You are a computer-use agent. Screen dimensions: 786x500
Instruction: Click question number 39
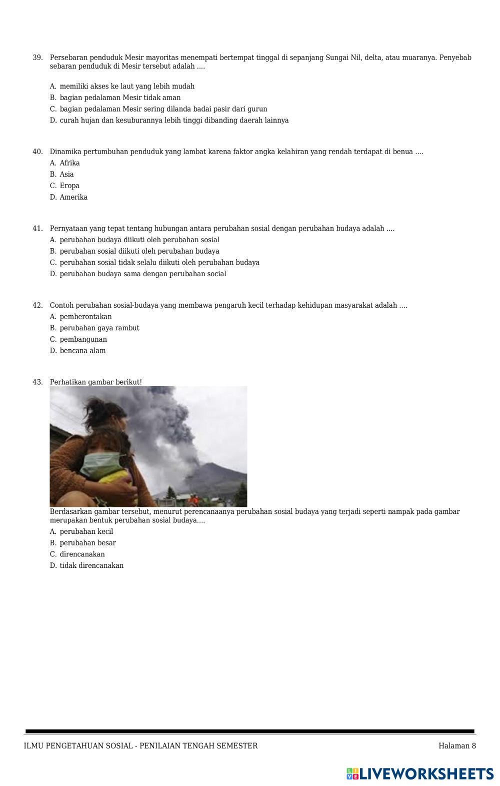pyautogui.click(x=37, y=58)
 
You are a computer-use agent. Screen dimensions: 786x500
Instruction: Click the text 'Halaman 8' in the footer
pyautogui.click(x=457, y=746)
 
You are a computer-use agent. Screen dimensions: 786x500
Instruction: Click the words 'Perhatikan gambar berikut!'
pyautogui.click(x=95, y=382)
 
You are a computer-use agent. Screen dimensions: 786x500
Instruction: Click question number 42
pyautogui.click(x=37, y=305)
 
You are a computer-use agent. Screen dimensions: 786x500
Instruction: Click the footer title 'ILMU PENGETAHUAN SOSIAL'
pyautogui.click(x=78, y=746)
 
